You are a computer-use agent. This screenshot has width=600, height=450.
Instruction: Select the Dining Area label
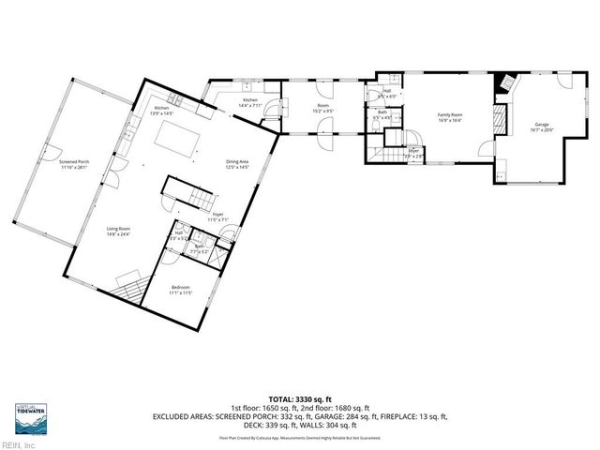[x=236, y=165]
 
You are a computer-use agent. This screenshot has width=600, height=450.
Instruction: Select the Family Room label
[x=451, y=117]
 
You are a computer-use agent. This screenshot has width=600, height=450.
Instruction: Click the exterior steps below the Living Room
[x=131, y=281]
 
